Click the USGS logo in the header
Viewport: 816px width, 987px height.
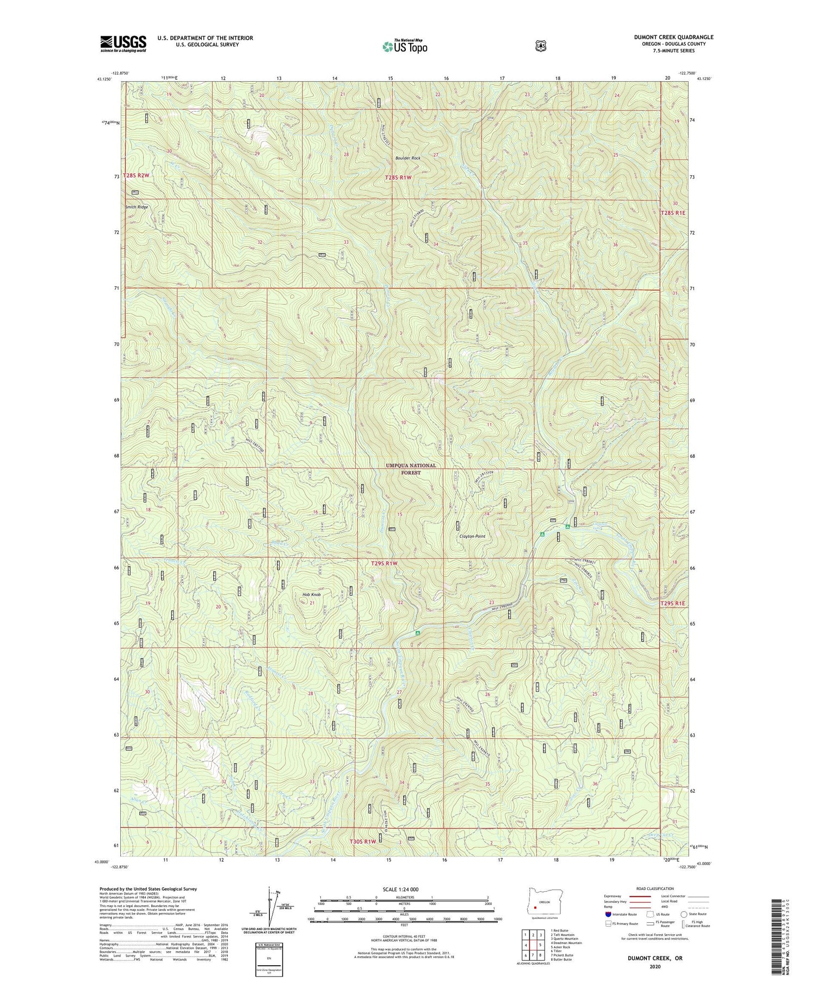[123, 44]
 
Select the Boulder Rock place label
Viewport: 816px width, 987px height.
[408, 158]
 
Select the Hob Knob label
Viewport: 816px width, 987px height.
[311, 594]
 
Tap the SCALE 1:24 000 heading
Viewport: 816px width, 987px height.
[404, 889]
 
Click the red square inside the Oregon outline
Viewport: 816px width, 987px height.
[536, 908]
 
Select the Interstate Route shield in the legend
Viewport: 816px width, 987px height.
[608, 914]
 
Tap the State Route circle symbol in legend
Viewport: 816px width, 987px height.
[683, 914]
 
